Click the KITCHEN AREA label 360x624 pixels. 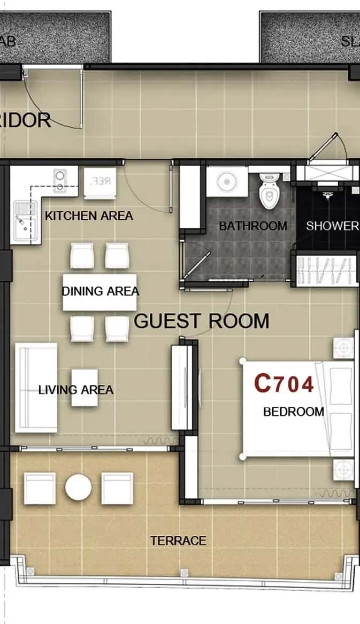89,216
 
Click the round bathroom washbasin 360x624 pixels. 227,182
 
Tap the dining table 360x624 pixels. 100,292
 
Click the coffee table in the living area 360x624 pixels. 85,387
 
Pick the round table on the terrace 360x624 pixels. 78,488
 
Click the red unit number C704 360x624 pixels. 284,383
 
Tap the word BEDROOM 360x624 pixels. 293,411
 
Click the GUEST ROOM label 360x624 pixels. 201,321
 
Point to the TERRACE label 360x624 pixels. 178,541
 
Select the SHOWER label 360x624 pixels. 332,226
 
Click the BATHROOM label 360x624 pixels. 252,226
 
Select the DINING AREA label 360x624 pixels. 100,291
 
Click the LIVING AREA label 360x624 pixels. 76,390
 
